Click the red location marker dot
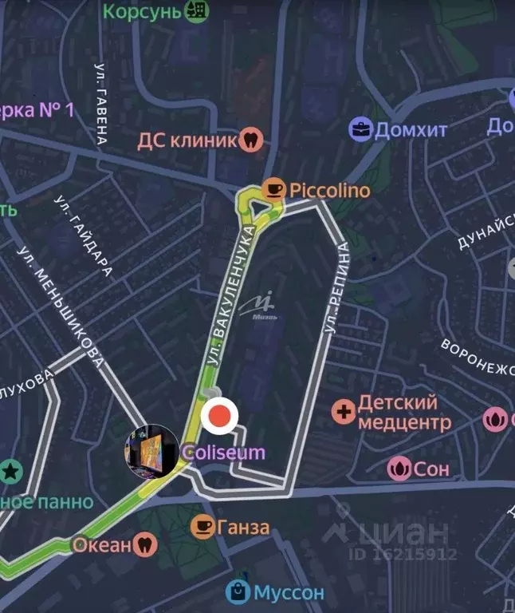tap(221, 416)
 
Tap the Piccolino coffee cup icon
tap(275, 189)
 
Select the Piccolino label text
tap(329, 190)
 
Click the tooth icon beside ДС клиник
tap(251, 140)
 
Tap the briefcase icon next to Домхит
tap(361, 129)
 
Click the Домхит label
tap(411, 129)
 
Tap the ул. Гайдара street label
tap(84, 235)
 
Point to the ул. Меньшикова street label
tap(61, 306)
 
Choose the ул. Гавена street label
tap(101, 104)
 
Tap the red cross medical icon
tap(344, 412)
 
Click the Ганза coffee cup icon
tap(202, 527)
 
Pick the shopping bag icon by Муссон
tap(238, 592)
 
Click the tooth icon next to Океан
tap(145, 545)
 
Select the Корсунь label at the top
tap(143, 11)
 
